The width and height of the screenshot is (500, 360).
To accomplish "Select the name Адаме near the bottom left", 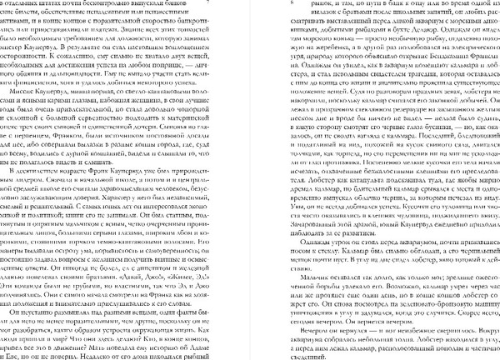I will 209,343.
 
